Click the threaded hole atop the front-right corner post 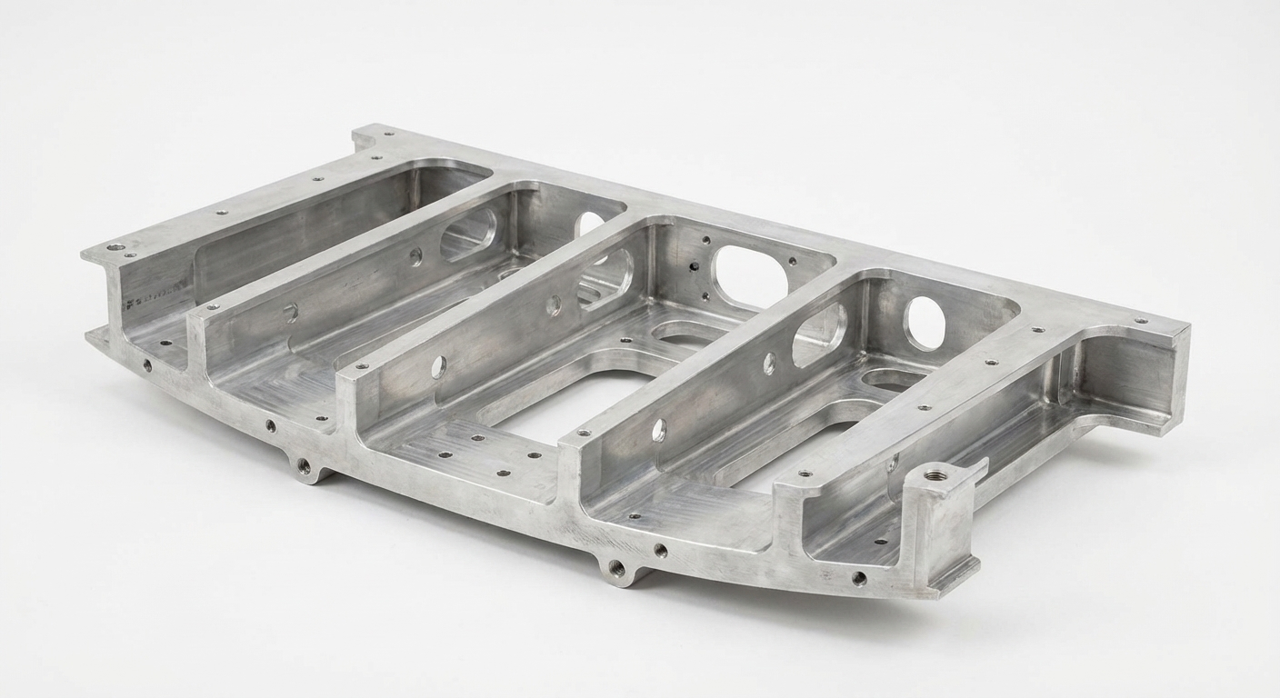click(x=935, y=474)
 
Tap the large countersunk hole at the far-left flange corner click(x=115, y=246)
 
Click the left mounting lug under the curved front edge click(x=305, y=468)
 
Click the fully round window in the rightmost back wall click(x=925, y=324)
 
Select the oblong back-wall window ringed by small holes click(x=751, y=274)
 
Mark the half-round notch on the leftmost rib click(x=291, y=313)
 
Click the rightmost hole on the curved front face click(x=858, y=577)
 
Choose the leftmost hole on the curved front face click(x=146, y=365)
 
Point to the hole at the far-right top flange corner click(x=1140, y=321)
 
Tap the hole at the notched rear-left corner click(x=390, y=134)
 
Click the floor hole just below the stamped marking click(x=165, y=344)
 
